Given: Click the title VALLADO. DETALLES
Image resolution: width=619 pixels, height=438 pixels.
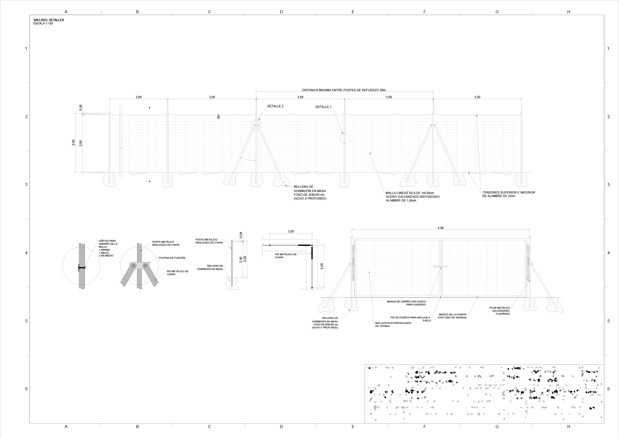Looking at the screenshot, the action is (48, 20).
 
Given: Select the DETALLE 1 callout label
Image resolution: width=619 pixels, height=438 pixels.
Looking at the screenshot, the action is (323, 107).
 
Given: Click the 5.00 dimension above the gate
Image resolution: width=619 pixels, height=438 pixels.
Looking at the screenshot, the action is (440, 228).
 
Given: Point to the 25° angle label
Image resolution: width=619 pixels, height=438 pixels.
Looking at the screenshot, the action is (219, 117).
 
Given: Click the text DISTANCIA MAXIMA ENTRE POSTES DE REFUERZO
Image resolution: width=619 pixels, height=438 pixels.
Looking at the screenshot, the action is (344, 90).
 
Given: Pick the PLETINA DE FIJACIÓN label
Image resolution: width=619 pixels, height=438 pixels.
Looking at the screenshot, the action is (172, 258).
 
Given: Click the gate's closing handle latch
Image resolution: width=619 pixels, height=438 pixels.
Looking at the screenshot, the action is (440, 267).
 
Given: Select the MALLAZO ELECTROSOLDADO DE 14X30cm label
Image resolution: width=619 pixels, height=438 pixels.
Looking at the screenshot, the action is (393, 324).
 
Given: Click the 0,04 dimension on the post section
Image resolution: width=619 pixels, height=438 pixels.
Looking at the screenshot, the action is (241, 235).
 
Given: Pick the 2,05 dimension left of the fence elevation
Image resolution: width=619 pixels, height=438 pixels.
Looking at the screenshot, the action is (73, 143).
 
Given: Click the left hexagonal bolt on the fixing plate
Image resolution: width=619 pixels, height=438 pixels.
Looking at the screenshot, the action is (134, 266).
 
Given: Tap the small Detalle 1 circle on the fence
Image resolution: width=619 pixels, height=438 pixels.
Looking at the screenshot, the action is (344, 139).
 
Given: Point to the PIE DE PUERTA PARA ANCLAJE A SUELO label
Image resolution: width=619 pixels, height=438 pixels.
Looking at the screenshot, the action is (411, 319).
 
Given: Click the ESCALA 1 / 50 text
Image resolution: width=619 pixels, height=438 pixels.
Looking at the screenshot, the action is (43, 24).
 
